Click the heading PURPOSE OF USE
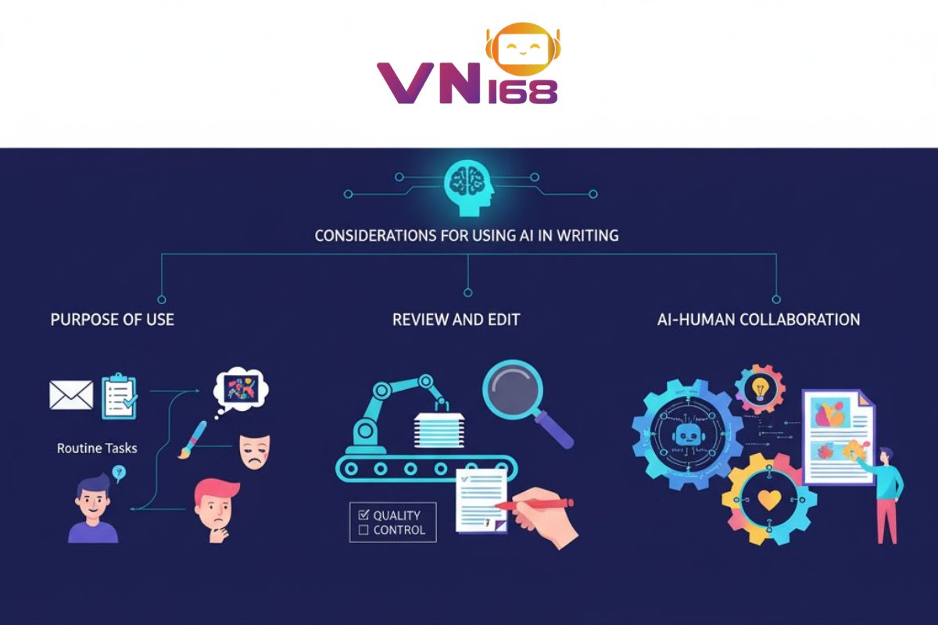[112, 320]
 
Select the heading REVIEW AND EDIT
[456, 320]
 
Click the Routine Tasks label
[97, 448]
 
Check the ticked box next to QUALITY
[363, 515]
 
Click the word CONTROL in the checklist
[399, 530]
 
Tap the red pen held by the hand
[532, 505]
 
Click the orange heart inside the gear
[769, 500]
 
